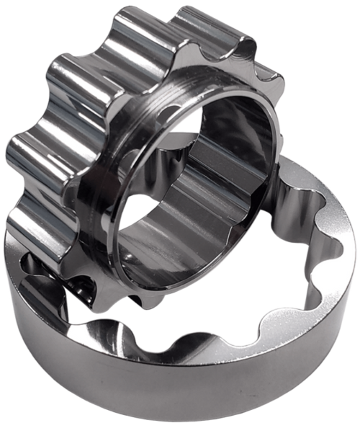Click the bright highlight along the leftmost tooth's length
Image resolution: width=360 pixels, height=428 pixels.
[29, 144]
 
